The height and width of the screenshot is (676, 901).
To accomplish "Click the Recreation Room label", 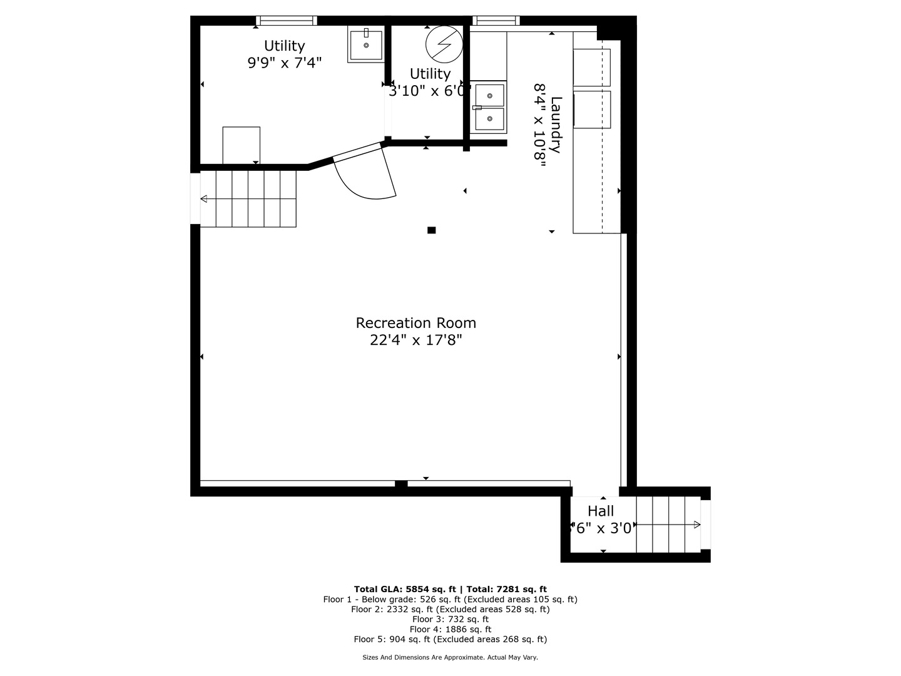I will pyautogui.click(x=415, y=323).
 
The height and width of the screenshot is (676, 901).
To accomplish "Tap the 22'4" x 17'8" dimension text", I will pyautogui.click(x=415, y=341).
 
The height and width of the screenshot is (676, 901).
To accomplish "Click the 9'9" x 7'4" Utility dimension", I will pyautogui.click(x=285, y=63).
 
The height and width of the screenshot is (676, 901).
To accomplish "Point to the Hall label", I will pyautogui.click(x=601, y=511).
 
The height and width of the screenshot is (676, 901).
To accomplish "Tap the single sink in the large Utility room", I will pyautogui.click(x=366, y=45).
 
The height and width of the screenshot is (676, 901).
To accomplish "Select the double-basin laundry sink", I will pyautogui.click(x=488, y=107).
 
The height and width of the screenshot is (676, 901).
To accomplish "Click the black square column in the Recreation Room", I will pyautogui.click(x=431, y=230).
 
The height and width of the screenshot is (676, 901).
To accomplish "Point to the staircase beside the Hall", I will pyautogui.click(x=668, y=525).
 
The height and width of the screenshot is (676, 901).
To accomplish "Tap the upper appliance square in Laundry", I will pyautogui.click(x=591, y=67).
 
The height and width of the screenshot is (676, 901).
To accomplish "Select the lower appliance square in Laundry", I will pyautogui.click(x=591, y=110).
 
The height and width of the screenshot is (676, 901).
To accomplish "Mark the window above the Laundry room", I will pyautogui.click(x=496, y=21).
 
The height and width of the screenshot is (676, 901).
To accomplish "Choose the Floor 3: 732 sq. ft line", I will pyautogui.click(x=450, y=619).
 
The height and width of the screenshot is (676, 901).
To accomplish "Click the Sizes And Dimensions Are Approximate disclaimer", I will pyautogui.click(x=450, y=657).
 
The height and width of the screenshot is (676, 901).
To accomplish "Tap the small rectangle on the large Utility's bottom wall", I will pyautogui.click(x=242, y=145).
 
